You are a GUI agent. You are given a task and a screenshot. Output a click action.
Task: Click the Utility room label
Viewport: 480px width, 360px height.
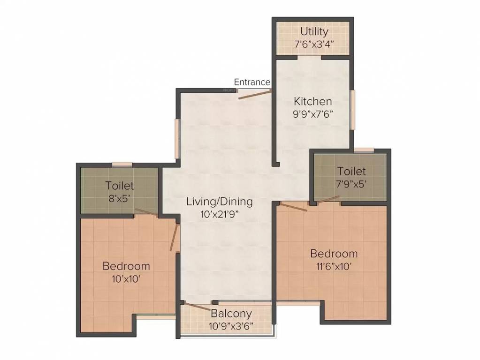pos(314,32)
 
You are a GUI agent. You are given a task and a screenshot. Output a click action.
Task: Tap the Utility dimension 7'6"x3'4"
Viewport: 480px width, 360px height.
pos(314,45)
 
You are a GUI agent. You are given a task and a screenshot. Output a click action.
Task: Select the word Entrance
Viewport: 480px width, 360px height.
pos(252,82)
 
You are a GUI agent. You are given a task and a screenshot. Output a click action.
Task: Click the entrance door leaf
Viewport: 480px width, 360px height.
pos(255,94)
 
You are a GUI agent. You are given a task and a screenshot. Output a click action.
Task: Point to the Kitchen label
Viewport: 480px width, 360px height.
pos(312,101)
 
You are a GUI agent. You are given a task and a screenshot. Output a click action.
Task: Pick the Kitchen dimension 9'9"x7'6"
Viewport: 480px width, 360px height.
pos(312,113)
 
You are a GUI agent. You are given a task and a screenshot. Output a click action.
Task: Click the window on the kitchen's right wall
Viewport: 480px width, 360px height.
pos(352,109)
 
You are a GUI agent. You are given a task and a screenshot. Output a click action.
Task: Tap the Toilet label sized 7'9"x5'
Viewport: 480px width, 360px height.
pos(351,172)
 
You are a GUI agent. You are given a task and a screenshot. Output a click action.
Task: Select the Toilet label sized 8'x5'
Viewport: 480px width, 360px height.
pos(120,186)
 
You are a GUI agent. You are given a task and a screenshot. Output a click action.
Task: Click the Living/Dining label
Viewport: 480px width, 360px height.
pos(219,202)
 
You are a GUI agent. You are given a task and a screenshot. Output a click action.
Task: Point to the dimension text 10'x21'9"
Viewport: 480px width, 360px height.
pos(219,214)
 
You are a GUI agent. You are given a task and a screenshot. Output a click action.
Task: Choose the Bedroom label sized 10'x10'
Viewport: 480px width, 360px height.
pos(126,266)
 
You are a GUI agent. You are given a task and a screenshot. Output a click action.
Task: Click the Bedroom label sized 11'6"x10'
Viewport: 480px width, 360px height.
pos(334,254)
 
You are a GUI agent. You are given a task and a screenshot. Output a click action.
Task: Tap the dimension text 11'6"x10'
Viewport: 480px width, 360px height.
pos(334,266)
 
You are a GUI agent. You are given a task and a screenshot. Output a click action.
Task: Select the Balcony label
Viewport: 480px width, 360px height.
pos(231,313)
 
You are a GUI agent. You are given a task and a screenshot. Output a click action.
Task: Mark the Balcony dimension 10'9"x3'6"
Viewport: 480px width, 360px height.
pos(231,326)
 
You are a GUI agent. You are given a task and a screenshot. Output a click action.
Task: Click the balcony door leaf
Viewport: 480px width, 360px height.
pos(197,307)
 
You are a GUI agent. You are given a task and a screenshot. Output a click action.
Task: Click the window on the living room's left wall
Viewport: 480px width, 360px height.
pos(177,139)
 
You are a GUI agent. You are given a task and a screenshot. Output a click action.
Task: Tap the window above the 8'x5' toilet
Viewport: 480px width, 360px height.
pos(122,164)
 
